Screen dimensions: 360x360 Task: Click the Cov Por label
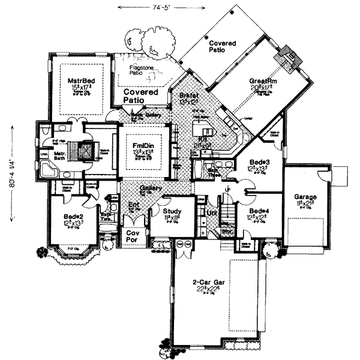point(131,235)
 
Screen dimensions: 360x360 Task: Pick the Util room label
point(211,212)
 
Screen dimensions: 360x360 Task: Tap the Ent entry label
point(134,205)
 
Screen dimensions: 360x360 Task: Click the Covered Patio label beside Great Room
point(222,47)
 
